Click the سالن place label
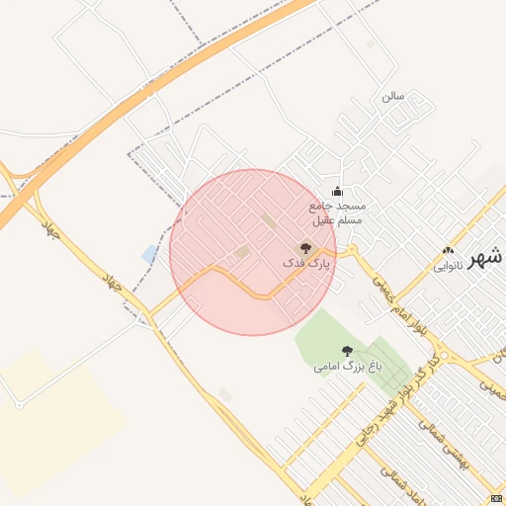click(393, 97)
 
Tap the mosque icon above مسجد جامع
click(337, 192)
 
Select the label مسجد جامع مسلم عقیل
click(337, 212)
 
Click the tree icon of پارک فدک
click(305, 249)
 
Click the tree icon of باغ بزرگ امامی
click(347, 351)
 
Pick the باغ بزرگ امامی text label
click(348, 367)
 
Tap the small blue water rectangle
click(149, 254)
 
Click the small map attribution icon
click(496, 498)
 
